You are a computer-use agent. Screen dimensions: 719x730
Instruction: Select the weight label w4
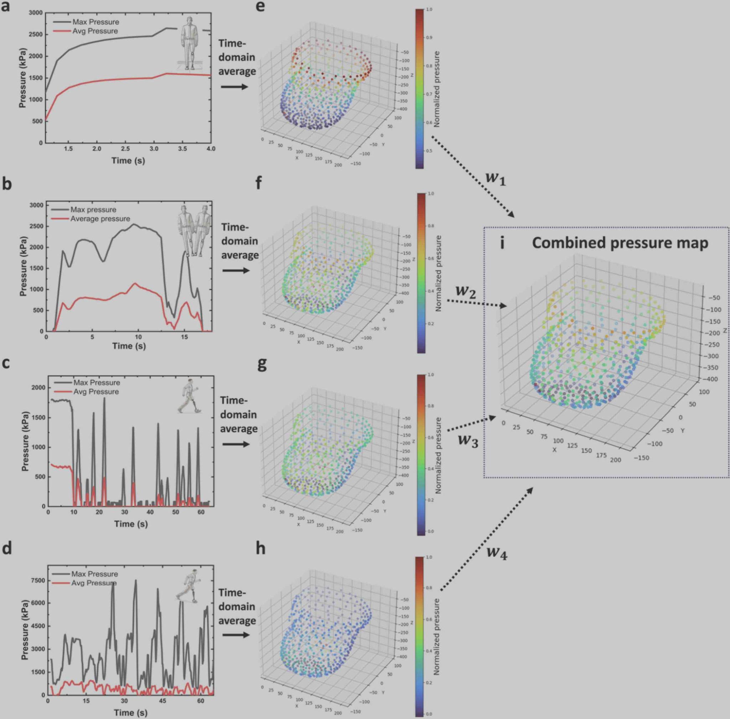(x=497, y=553)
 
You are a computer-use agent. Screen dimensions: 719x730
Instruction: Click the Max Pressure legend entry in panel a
(x=96, y=22)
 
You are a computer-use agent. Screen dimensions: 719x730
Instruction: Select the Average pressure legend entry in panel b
(x=100, y=219)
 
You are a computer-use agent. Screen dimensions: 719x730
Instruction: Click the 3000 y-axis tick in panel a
(x=36, y=13)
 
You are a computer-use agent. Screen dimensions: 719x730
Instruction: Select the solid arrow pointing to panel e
(x=234, y=87)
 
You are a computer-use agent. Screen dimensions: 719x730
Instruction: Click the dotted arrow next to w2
(x=476, y=303)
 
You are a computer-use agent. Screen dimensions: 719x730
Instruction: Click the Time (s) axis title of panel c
(x=131, y=524)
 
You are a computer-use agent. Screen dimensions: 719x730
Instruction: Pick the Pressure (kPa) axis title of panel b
(x=24, y=266)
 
